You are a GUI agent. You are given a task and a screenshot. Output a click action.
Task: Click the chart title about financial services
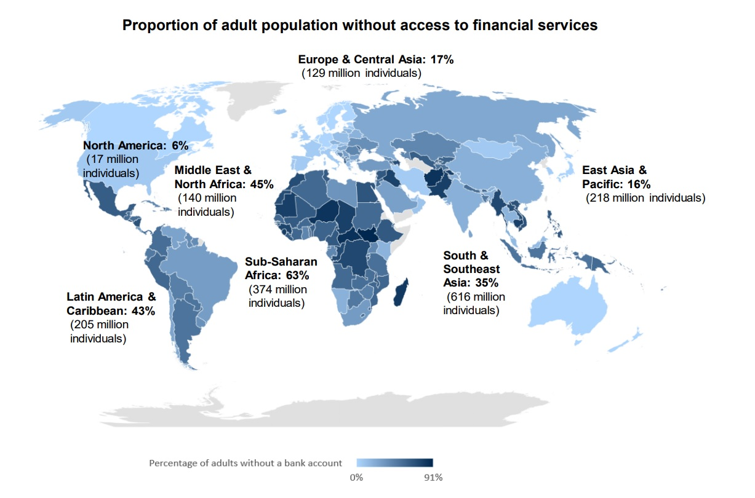[x=360, y=25]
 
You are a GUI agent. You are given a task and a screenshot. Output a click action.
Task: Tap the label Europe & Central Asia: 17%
[x=375, y=60]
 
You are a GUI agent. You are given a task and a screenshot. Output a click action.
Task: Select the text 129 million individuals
[x=361, y=73]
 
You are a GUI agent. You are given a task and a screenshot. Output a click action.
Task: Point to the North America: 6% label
[x=135, y=146]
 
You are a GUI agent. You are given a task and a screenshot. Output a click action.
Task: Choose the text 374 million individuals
[x=278, y=296]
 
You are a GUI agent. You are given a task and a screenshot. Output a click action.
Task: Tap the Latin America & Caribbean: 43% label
[x=111, y=304]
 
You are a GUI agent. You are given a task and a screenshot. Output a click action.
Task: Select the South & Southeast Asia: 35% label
[x=471, y=269]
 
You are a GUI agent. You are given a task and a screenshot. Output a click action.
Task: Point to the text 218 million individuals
[x=645, y=198]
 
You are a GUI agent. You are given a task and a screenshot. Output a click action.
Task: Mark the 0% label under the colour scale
[x=356, y=477]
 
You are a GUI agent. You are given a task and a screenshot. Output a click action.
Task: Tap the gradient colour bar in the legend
[x=395, y=462]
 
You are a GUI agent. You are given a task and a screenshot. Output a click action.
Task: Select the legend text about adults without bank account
[x=245, y=462]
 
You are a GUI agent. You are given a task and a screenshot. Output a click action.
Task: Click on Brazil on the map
[x=206, y=264]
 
